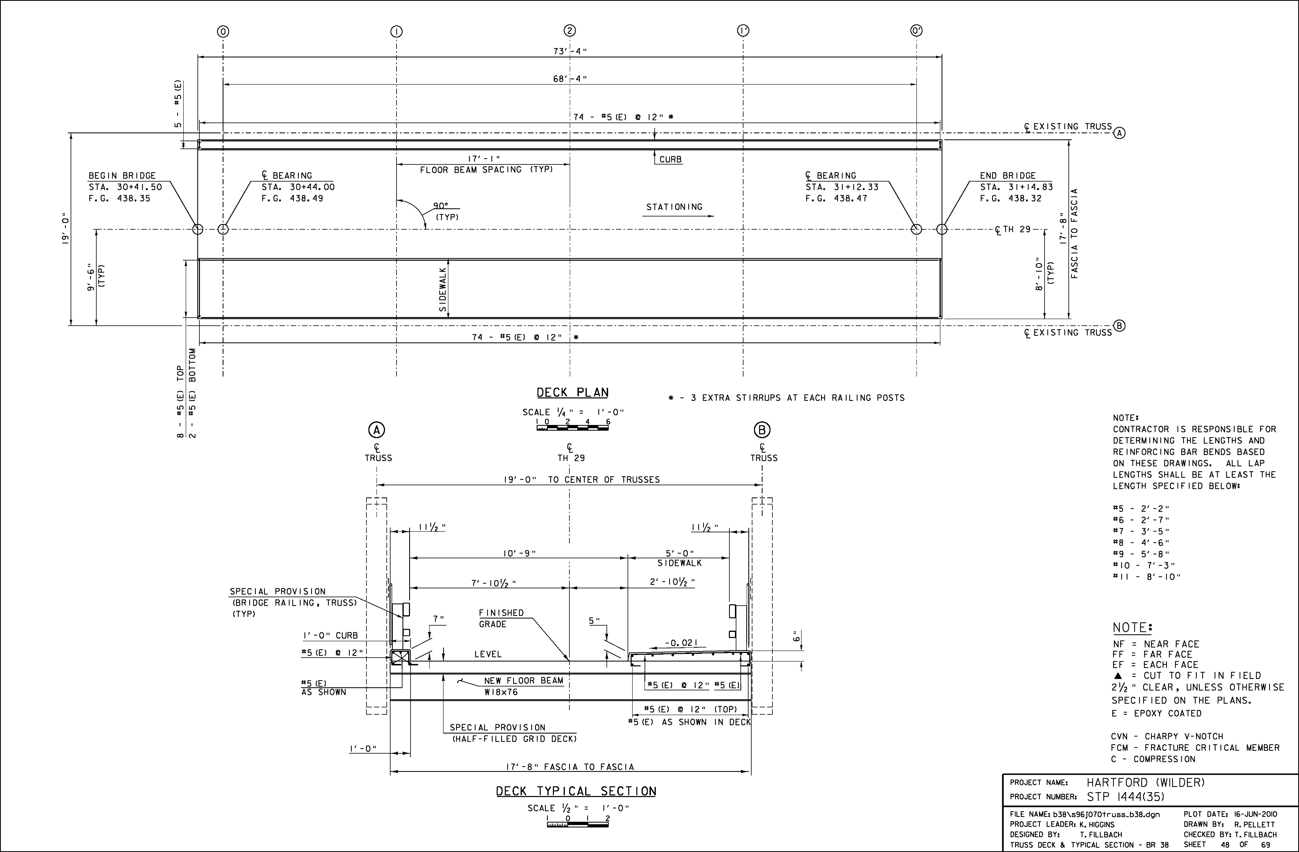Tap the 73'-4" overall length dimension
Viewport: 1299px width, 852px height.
(570, 52)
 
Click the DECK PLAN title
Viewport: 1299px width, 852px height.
(573, 393)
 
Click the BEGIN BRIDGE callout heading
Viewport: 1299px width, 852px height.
(122, 176)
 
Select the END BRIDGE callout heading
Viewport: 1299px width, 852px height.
(1008, 176)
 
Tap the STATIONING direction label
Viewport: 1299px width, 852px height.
(675, 207)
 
